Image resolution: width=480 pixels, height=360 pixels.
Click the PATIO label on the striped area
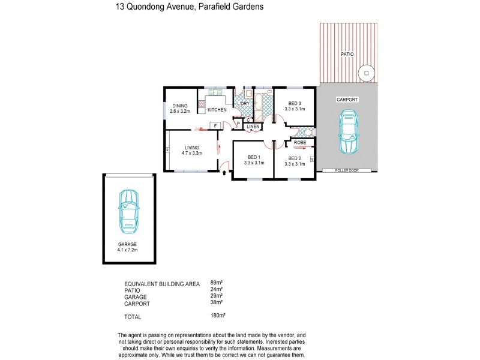coord(347,54)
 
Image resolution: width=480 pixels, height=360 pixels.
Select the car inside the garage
coord(128,211)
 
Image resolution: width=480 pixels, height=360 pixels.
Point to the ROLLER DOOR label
coord(347,171)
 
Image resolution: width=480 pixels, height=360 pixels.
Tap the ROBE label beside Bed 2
coord(301,142)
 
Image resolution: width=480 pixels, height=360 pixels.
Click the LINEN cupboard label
coord(253,127)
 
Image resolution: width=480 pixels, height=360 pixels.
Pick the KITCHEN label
coord(217,110)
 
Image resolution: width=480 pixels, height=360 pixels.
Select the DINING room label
coord(180,106)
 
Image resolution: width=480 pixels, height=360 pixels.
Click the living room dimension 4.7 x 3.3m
coord(192,153)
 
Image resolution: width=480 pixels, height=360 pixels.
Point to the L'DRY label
coord(243,104)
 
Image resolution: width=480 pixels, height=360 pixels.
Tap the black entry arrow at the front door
coord(225,173)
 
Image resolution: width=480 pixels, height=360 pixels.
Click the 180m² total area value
coord(217,314)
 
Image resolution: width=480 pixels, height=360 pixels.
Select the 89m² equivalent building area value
coord(217,282)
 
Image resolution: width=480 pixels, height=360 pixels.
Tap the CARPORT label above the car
coord(347,99)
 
